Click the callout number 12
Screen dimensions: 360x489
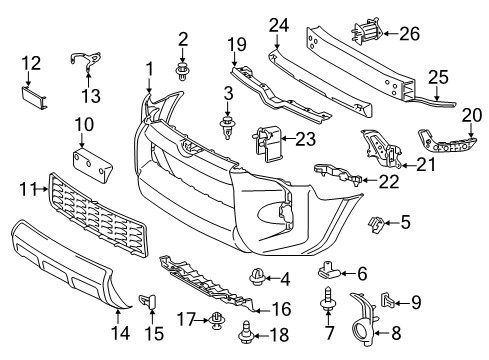(x=31, y=62)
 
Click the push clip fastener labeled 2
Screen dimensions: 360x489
(x=183, y=69)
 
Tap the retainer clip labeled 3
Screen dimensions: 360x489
(x=229, y=127)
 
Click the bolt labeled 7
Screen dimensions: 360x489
(x=329, y=299)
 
